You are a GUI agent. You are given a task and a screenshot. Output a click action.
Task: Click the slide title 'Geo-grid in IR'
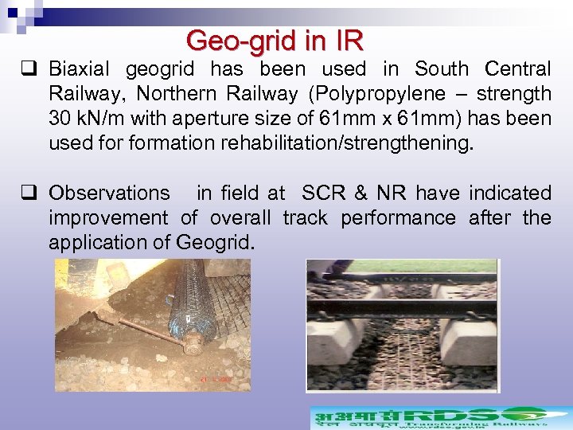pos(275,40)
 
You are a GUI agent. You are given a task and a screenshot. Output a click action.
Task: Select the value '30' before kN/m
pos(60,119)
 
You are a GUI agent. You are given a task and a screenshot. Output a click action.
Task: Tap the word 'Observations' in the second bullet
pos(109,193)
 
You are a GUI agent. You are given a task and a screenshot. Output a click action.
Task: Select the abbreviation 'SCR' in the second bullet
pos(323,193)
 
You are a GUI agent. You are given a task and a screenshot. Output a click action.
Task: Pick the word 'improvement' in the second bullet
pos(108,218)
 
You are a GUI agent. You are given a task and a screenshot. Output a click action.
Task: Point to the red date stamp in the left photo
pos(215,380)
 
